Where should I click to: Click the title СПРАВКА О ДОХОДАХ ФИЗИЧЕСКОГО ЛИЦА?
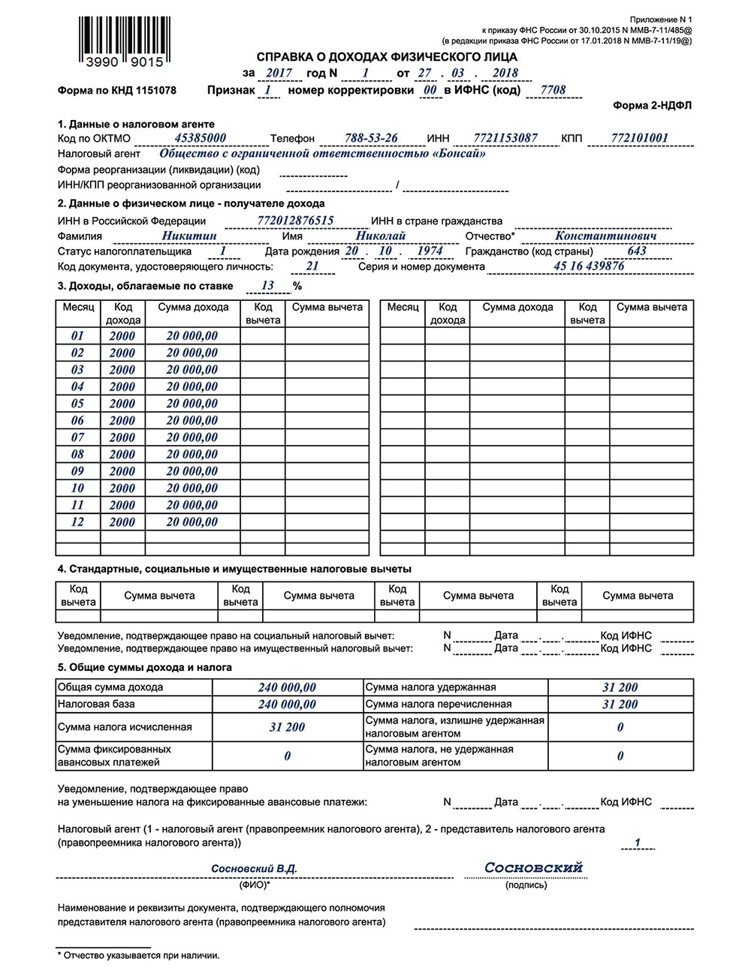[x=387, y=56]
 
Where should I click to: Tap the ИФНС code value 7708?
[x=547, y=90]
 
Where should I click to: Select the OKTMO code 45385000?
[x=200, y=138]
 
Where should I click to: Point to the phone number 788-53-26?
[x=371, y=138]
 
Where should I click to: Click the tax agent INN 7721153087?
[x=505, y=138]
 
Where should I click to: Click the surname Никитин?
[x=189, y=236]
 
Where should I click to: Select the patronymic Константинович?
[x=606, y=236]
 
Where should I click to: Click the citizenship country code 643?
[x=637, y=251]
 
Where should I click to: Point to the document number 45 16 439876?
[x=589, y=266]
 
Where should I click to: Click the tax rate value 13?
[x=267, y=285]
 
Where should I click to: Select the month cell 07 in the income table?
[x=77, y=437]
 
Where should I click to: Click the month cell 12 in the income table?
[x=77, y=522]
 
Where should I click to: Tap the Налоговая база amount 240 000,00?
[x=287, y=705]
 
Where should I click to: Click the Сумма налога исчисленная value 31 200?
[x=287, y=727]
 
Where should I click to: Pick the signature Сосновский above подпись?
[x=533, y=867]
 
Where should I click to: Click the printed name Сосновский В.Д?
[x=255, y=868]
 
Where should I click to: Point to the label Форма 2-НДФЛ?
[x=652, y=106]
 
